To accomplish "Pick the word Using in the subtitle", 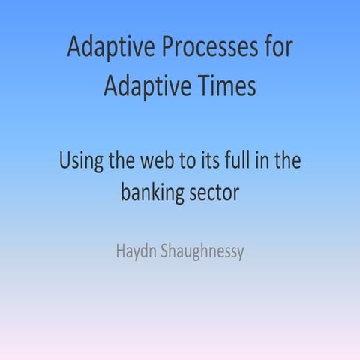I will click(x=80, y=162).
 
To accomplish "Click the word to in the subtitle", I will click(x=194, y=161).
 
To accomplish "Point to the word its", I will click(x=218, y=161).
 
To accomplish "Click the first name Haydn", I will click(x=136, y=250).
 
